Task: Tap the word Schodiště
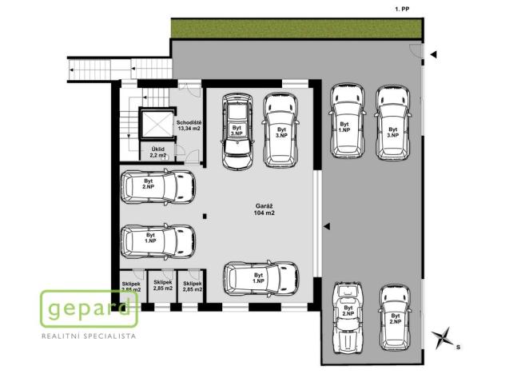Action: tap(189, 121)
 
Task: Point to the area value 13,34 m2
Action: tap(189, 128)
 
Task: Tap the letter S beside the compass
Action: tap(458, 348)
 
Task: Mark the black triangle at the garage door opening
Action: tap(327, 226)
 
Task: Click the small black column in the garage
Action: tap(205, 214)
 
